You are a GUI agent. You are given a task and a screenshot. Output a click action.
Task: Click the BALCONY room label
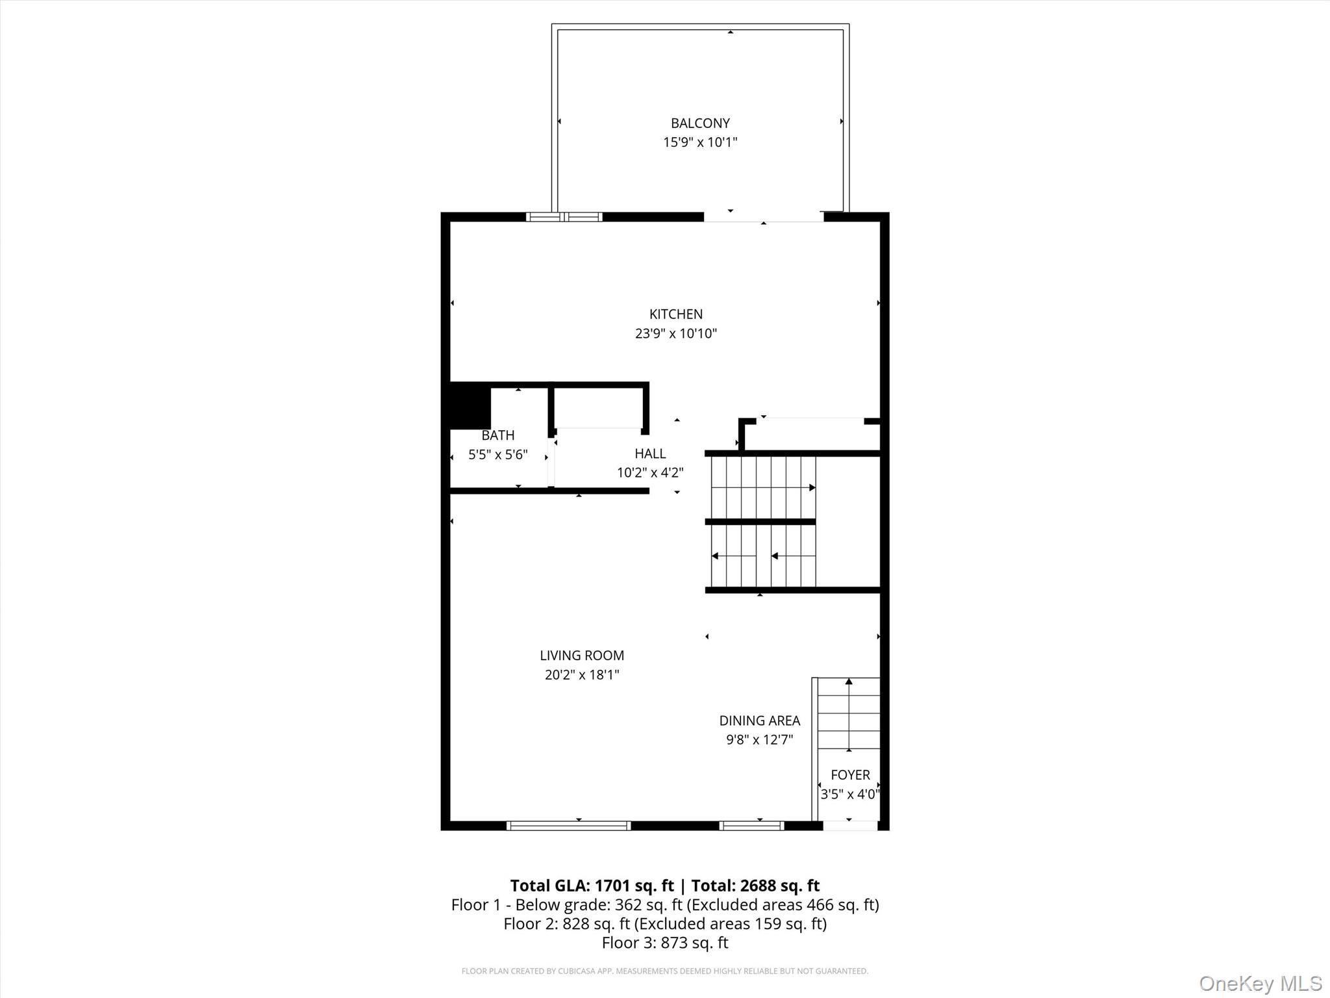[700, 123]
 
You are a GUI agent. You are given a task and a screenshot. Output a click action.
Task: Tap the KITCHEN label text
[675, 314]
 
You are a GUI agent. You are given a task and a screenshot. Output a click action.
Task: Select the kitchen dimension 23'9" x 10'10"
[675, 333]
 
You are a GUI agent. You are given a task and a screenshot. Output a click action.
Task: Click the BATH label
[498, 435]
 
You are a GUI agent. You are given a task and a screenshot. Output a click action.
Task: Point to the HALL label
[650, 454]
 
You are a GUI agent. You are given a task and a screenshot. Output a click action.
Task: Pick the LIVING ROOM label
[582, 656]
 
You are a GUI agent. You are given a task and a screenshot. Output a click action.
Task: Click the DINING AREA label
[759, 721]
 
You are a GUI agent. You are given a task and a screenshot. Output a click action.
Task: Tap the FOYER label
[850, 774]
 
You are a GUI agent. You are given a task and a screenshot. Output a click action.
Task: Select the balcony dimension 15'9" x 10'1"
[700, 142]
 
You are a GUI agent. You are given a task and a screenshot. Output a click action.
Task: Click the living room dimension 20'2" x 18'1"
[582, 674]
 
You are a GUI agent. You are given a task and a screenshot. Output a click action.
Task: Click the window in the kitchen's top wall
[564, 217]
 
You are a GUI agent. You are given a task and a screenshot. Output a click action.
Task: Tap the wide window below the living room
[568, 826]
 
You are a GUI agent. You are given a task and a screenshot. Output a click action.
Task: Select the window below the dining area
[751, 826]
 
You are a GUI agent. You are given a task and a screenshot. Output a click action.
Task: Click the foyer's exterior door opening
[850, 826]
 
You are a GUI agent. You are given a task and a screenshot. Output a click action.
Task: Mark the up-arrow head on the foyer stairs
[849, 682]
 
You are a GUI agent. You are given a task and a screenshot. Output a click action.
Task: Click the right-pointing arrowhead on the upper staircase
[812, 487]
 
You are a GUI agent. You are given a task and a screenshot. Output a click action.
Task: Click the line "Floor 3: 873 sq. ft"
[665, 943]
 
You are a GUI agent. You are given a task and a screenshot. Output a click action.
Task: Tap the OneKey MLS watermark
[1260, 983]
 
